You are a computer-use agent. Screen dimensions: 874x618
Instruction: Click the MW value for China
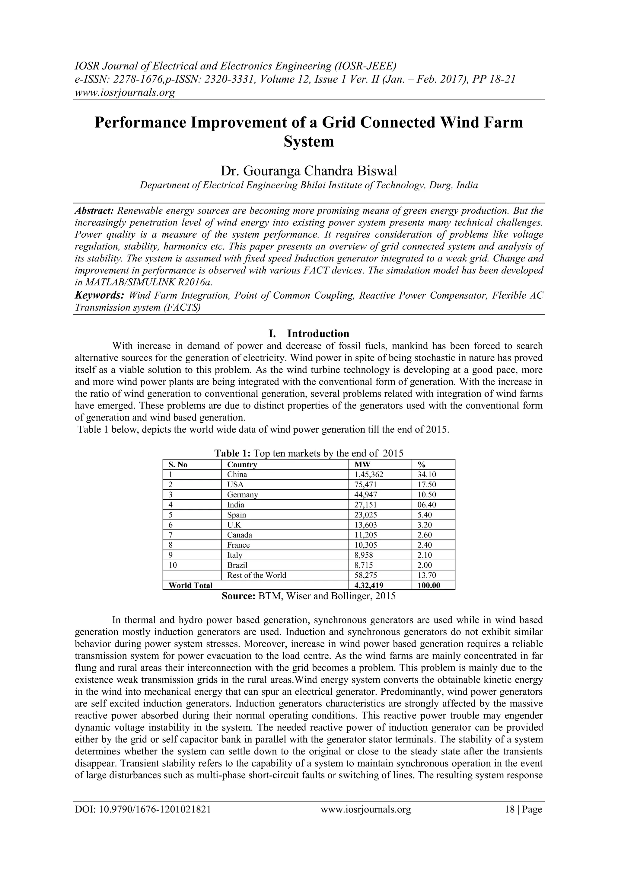point(368,474)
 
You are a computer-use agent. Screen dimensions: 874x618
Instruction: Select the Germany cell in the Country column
point(242,495)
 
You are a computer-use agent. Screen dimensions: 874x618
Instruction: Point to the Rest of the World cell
point(256,575)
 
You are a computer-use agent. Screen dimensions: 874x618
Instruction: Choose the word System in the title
point(309,142)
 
